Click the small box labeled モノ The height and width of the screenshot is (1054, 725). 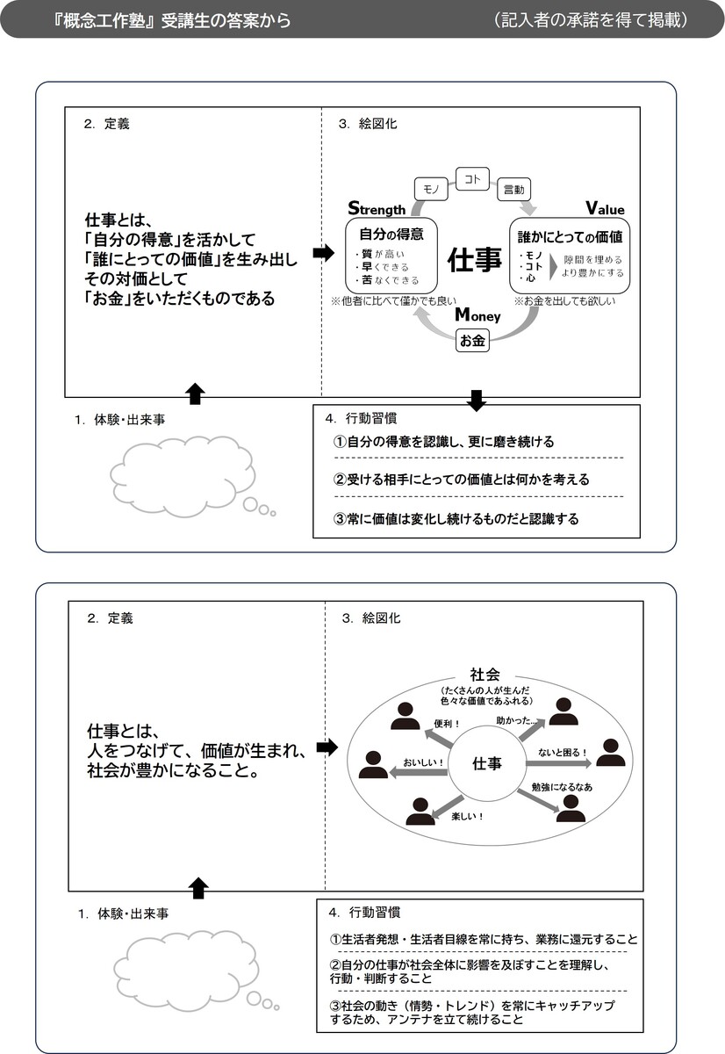click(431, 189)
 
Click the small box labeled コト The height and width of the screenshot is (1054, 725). click(472, 179)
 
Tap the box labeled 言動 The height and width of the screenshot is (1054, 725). click(513, 189)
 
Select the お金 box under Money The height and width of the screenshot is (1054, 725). click(472, 340)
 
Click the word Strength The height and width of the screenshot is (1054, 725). click(377, 207)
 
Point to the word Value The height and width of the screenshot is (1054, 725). click(605, 207)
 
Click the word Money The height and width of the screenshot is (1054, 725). click(477, 314)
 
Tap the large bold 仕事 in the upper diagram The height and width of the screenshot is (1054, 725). click(474, 260)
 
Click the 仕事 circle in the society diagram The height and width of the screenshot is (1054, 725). click(486, 762)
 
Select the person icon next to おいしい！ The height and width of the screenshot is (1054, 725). click(373, 764)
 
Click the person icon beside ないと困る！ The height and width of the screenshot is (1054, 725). click(611, 753)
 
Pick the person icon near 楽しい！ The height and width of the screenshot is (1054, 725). click(420, 812)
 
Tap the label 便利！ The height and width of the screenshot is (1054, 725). click(446, 723)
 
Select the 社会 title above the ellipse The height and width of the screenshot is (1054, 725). click(485, 675)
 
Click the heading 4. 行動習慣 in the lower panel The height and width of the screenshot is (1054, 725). click(364, 913)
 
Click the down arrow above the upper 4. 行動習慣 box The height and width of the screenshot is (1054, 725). click(477, 401)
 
